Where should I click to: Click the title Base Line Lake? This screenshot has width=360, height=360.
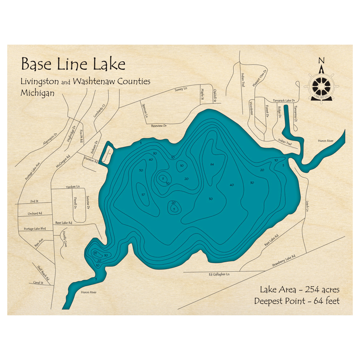[x=73, y=64]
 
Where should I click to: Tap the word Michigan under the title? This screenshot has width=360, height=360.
[x=37, y=93]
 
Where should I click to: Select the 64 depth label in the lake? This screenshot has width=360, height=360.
[x=212, y=164]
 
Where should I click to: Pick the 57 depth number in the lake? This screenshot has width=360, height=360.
[x=143, y=195]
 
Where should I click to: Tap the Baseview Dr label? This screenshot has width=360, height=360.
[x=159, y=126]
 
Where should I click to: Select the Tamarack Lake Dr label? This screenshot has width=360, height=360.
[x=284, y=100]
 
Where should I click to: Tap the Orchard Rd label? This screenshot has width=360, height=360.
[x=35, y=213]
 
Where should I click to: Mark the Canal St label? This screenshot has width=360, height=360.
[x=38, y=283]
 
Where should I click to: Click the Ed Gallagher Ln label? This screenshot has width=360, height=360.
[x=219, y=274]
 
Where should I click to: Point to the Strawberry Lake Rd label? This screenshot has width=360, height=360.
[x=284, y=261]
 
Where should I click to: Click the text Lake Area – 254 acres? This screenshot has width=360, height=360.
[x=299, y=289]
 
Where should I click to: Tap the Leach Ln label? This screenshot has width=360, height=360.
[x=307, y=206]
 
